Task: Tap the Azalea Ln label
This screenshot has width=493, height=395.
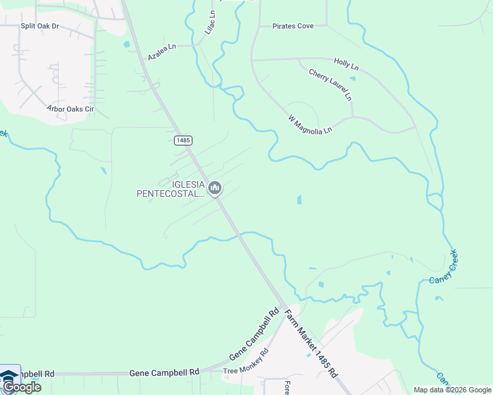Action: (x=162, y=52)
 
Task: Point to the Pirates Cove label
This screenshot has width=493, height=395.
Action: (x=293, y=26)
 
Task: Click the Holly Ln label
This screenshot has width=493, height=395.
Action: (x=346, y=66)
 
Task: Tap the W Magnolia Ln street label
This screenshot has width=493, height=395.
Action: (x=310, y=124)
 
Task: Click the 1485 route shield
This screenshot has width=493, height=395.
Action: (x=183, y=141)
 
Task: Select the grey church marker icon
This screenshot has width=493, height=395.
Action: (x=214, y=189)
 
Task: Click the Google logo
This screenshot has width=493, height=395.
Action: (x=22, y=387)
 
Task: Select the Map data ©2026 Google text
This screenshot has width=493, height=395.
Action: (x=452, y=390)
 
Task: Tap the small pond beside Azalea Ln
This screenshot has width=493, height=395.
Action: (x=126, y=45)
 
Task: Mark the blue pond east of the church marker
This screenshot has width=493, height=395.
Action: (x=299, y=199)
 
